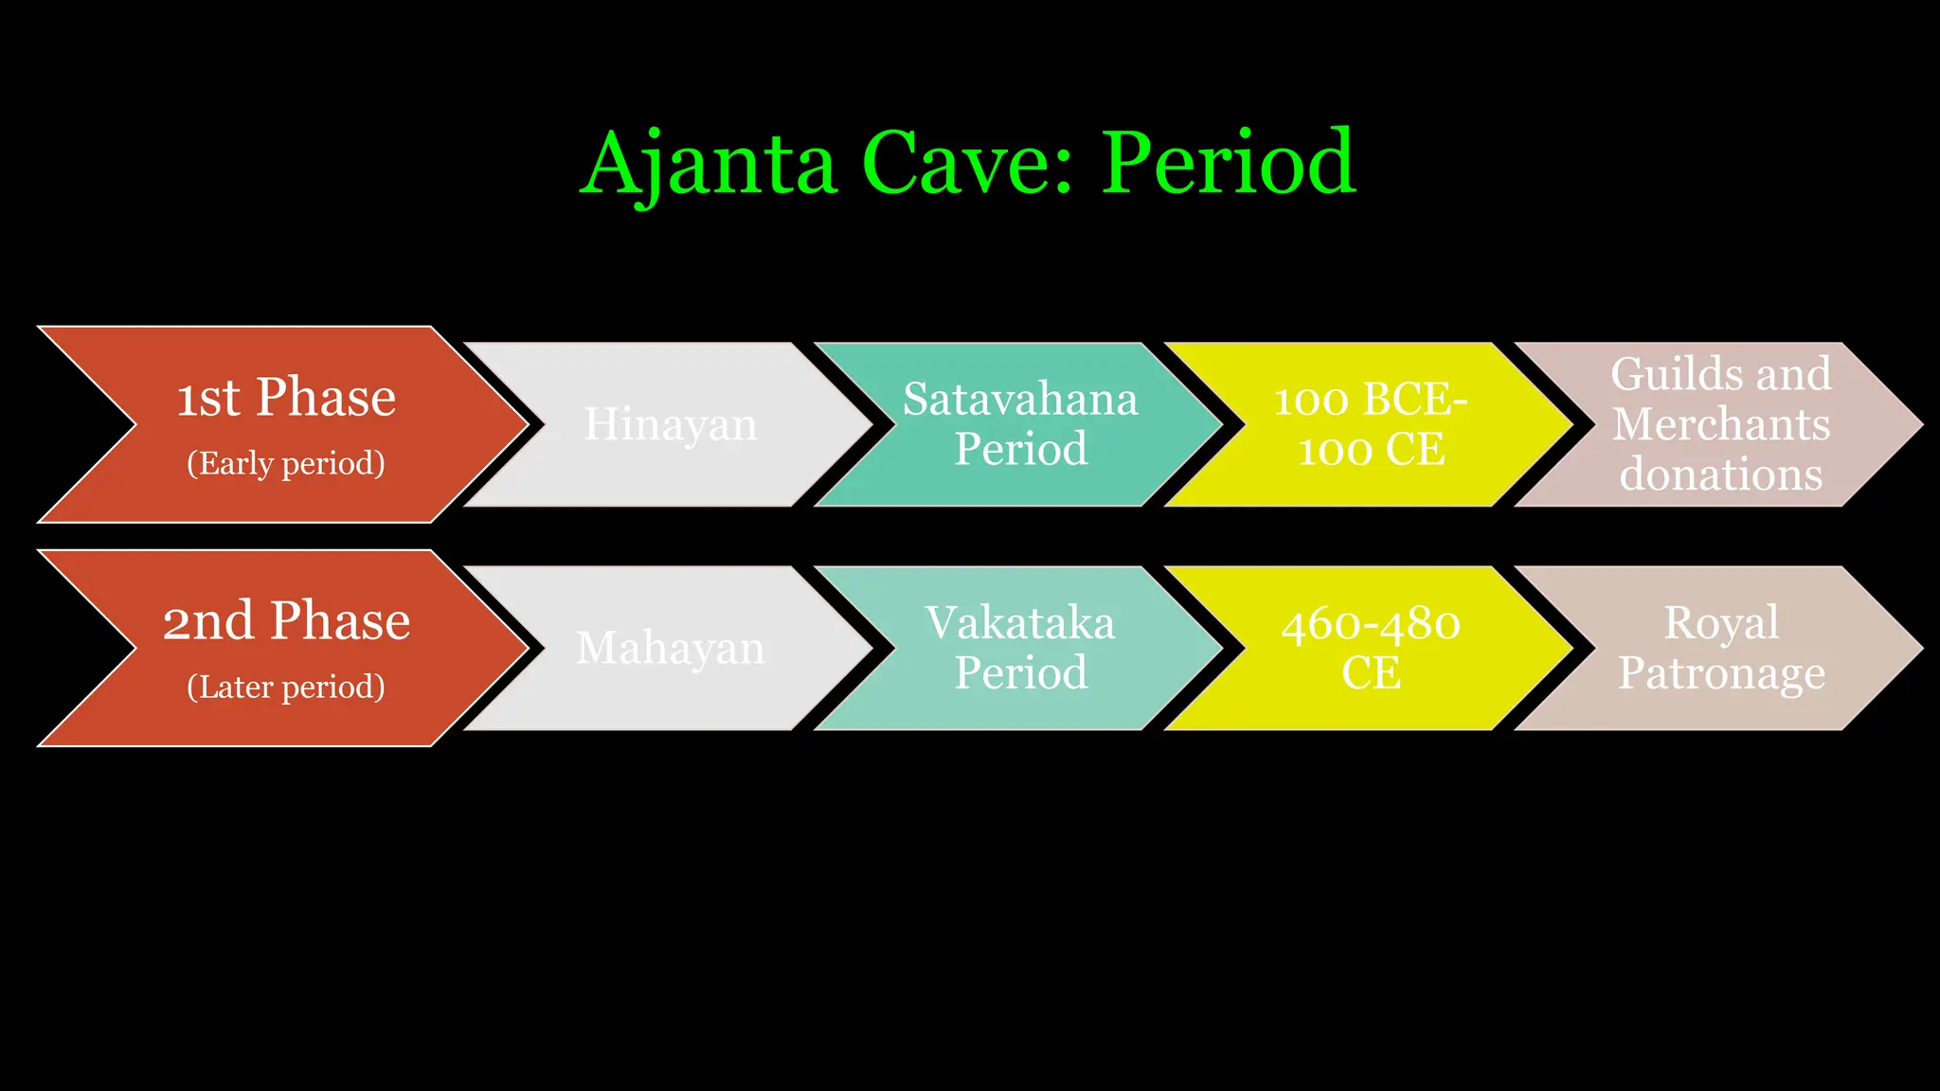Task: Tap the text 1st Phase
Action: (286, 397)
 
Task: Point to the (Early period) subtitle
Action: (286, 463)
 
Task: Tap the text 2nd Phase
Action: (286, 621)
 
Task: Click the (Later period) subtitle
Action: (286, 687)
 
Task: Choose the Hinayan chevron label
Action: (670, 424)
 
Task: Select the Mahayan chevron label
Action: (670, 649)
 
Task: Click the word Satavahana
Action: (1020, 399)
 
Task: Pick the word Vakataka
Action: (1020, 623)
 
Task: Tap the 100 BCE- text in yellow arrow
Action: (1370, 399)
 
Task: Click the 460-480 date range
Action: (1370, 623)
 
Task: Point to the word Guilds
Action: (1670, 374)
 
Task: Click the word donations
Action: (1720, 474)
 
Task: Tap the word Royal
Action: (1720, 623)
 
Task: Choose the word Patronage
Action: (1720, 673)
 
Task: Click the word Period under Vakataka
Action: (1020, 673)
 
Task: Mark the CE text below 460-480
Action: (1370, 673)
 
